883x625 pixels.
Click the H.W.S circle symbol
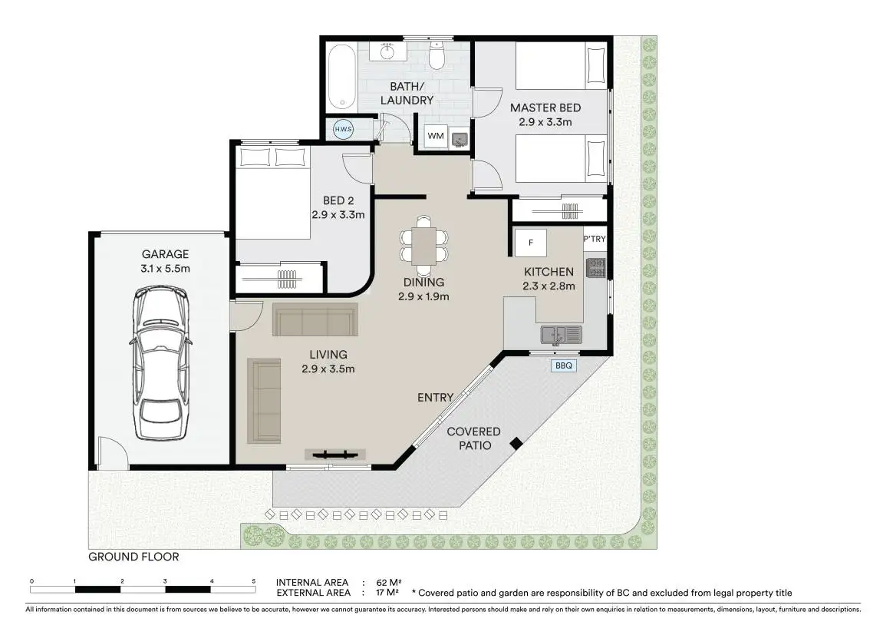[x=343, y=129]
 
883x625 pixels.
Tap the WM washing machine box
[x=435, y=136]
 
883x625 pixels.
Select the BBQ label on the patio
[x=564, y=365]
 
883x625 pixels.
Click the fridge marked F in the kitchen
[x=530, y=243]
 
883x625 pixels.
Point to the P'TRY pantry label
[x=595, y=239]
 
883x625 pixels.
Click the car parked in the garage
[x=160, y=363]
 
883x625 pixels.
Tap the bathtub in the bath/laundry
[x=342, y=78]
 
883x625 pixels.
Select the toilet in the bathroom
[x=437, y=55]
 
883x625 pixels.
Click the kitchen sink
[x=561, y=335]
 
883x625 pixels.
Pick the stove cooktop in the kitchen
[x=596, y=268]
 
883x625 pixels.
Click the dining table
[x=424, y=246]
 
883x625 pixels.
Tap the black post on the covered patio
[x=516, y=444]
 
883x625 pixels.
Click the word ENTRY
[x=435, y=398]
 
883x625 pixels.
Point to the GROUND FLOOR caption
[x=133, y=557]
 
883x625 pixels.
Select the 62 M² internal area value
[x=388, y=583]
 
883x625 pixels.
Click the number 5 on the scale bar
[x=253, y=581]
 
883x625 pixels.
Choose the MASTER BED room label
[x=545, y=107]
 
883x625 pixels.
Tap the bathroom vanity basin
[x=387, y=52]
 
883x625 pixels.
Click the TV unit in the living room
[x=335, y=455]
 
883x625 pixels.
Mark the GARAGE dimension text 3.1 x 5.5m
[x=165, y=269]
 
